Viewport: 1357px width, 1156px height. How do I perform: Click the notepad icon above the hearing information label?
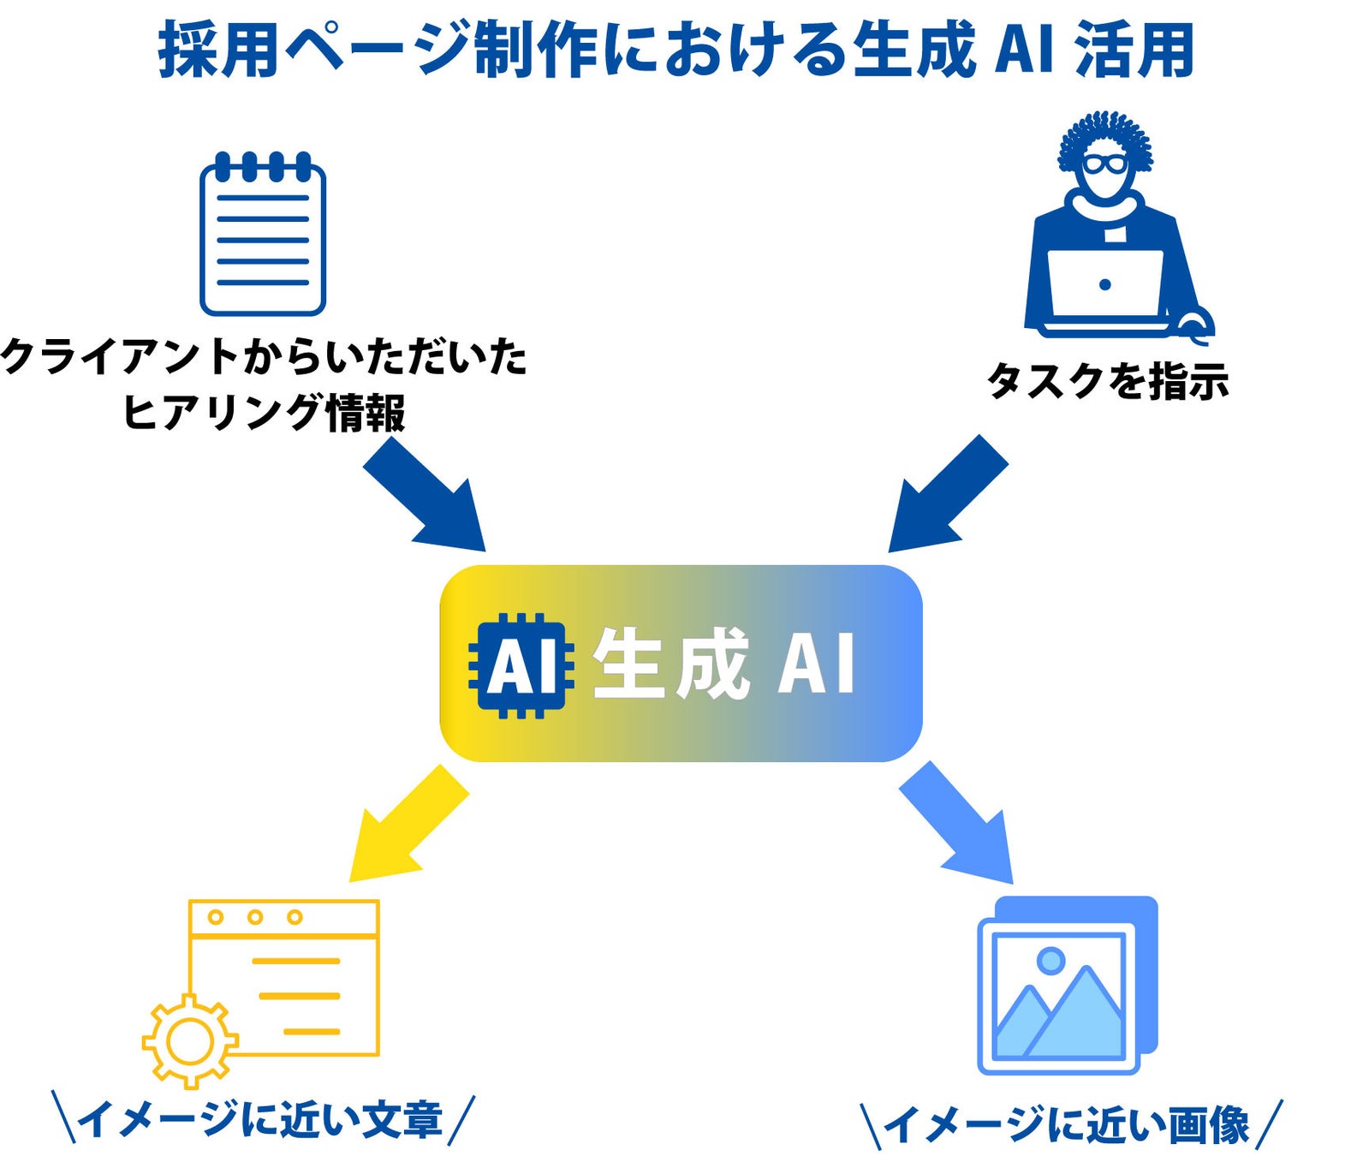click(263, 235)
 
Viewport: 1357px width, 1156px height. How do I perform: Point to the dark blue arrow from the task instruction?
click(946, 495)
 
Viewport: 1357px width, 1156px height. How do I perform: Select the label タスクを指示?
click(1108, 381)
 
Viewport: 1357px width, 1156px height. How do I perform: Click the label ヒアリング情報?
click(264, 413)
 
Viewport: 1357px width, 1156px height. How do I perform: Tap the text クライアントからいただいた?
click(264, 356)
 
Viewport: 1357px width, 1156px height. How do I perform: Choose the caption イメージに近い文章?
click(262, 1120)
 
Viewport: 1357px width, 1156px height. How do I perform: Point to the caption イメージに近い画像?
click(1068, 1124)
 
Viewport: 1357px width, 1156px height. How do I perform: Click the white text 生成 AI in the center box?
click(723, 664)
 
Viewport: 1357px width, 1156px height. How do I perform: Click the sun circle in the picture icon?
click(1050, 960)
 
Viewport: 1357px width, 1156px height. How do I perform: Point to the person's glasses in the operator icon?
click(1104, 164)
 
